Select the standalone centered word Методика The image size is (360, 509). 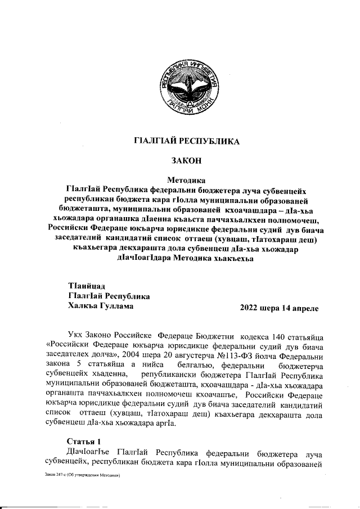pyautogui.click(x=187, y=181)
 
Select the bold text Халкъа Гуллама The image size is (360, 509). pyautogui.click(x=101, y=307)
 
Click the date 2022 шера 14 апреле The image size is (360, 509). pyautogui.click(x=280, y=308)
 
